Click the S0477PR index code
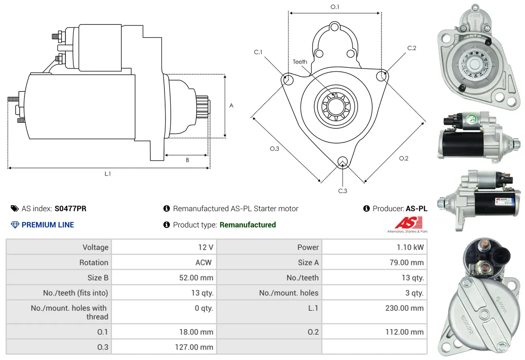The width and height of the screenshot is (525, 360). point(70,208)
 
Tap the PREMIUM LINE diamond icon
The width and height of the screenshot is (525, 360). point(15,225)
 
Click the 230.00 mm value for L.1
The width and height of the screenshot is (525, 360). point(404,308)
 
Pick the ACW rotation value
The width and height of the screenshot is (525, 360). point(204,262)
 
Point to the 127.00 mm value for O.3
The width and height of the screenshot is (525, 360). point(194,347)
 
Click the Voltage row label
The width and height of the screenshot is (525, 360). point(95,247)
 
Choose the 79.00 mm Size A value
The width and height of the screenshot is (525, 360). point(407,262)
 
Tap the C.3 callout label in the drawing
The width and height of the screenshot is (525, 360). point(343,191)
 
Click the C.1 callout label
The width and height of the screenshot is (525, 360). point(258,52)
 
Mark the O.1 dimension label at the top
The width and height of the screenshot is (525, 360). point(335,7)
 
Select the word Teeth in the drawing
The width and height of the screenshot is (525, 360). point(300,62)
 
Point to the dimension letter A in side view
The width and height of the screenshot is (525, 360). point(231,105)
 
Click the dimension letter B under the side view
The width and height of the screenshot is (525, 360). point(187,160)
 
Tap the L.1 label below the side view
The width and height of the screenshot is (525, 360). point(107,174)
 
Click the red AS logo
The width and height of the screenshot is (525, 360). point(409,222)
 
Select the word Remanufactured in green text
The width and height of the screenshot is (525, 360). point(248,225)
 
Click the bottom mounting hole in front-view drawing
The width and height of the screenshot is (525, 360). point(343,162)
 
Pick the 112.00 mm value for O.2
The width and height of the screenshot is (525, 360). point(404,332)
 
